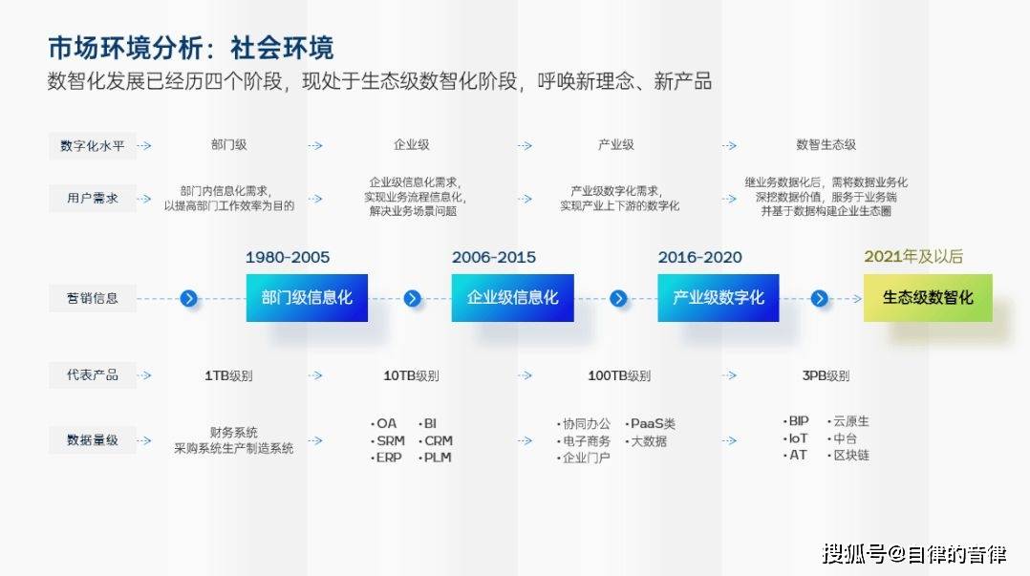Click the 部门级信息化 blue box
(307, 297)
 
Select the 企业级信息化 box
(512, 297)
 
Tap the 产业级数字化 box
(718, 297)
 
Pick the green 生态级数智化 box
(928, 297)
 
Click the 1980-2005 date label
(288, 258)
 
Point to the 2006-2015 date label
(494, 258)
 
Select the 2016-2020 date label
(700, 258)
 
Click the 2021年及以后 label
(913, 257)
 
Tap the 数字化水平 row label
(92, 146)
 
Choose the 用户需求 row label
(92, 199)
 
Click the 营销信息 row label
(92, 298)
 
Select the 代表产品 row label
(92, 375)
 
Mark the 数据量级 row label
(92, 440)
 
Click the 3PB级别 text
(826, 375)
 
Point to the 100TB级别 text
(619, 375)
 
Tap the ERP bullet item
(386, 458)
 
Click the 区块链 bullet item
(848, 455)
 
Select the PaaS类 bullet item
(651, 423)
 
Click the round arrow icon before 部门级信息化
(188, 299)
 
